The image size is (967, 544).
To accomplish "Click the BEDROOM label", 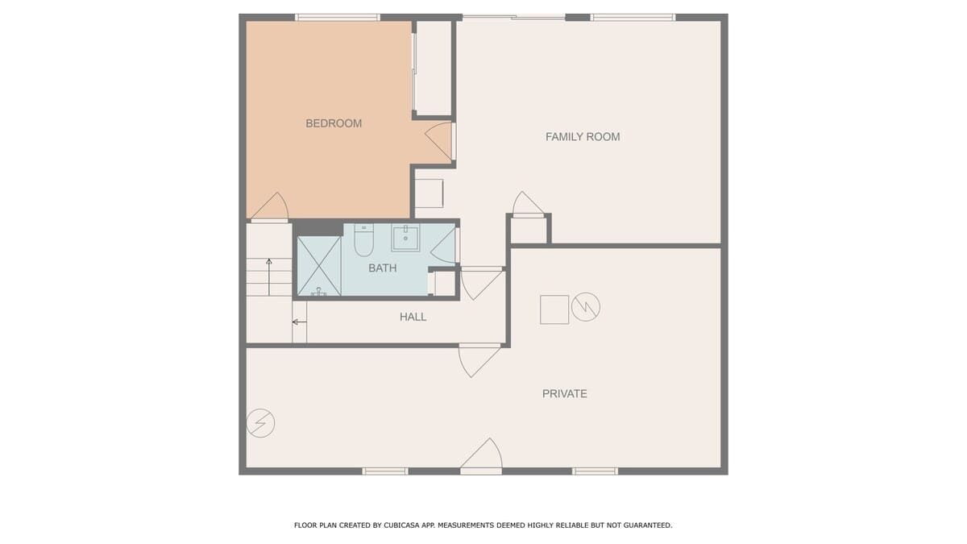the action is click(x=334, y=123).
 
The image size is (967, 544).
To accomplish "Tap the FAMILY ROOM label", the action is click(x=583, y=137).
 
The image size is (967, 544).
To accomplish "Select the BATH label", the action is click(x=383, y=268).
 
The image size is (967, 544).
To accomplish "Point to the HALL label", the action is click(x=413, y=317).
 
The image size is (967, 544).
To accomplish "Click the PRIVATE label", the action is click(x=565, y=394).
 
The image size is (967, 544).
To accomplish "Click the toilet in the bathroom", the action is click(x=364, y=240).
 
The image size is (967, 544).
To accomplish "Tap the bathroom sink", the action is click(x=405, y=237).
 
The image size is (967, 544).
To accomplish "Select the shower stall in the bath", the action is click(x=319, y=266).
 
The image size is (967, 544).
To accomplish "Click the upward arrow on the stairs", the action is click(x=269, y=277).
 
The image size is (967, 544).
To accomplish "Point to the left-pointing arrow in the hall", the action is click(x=300, y=322).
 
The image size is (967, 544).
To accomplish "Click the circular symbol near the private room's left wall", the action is click(x=261, y=423).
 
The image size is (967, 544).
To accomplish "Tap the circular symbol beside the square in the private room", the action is click(x=586, y=307).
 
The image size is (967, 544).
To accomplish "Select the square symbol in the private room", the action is click(x=554, y=309).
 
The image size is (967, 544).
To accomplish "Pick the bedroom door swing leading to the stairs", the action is click(x=270, y=207).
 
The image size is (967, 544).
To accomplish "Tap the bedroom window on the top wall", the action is click(x=338, y=18).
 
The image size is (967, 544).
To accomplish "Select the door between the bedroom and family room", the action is click(x=440, y=141).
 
